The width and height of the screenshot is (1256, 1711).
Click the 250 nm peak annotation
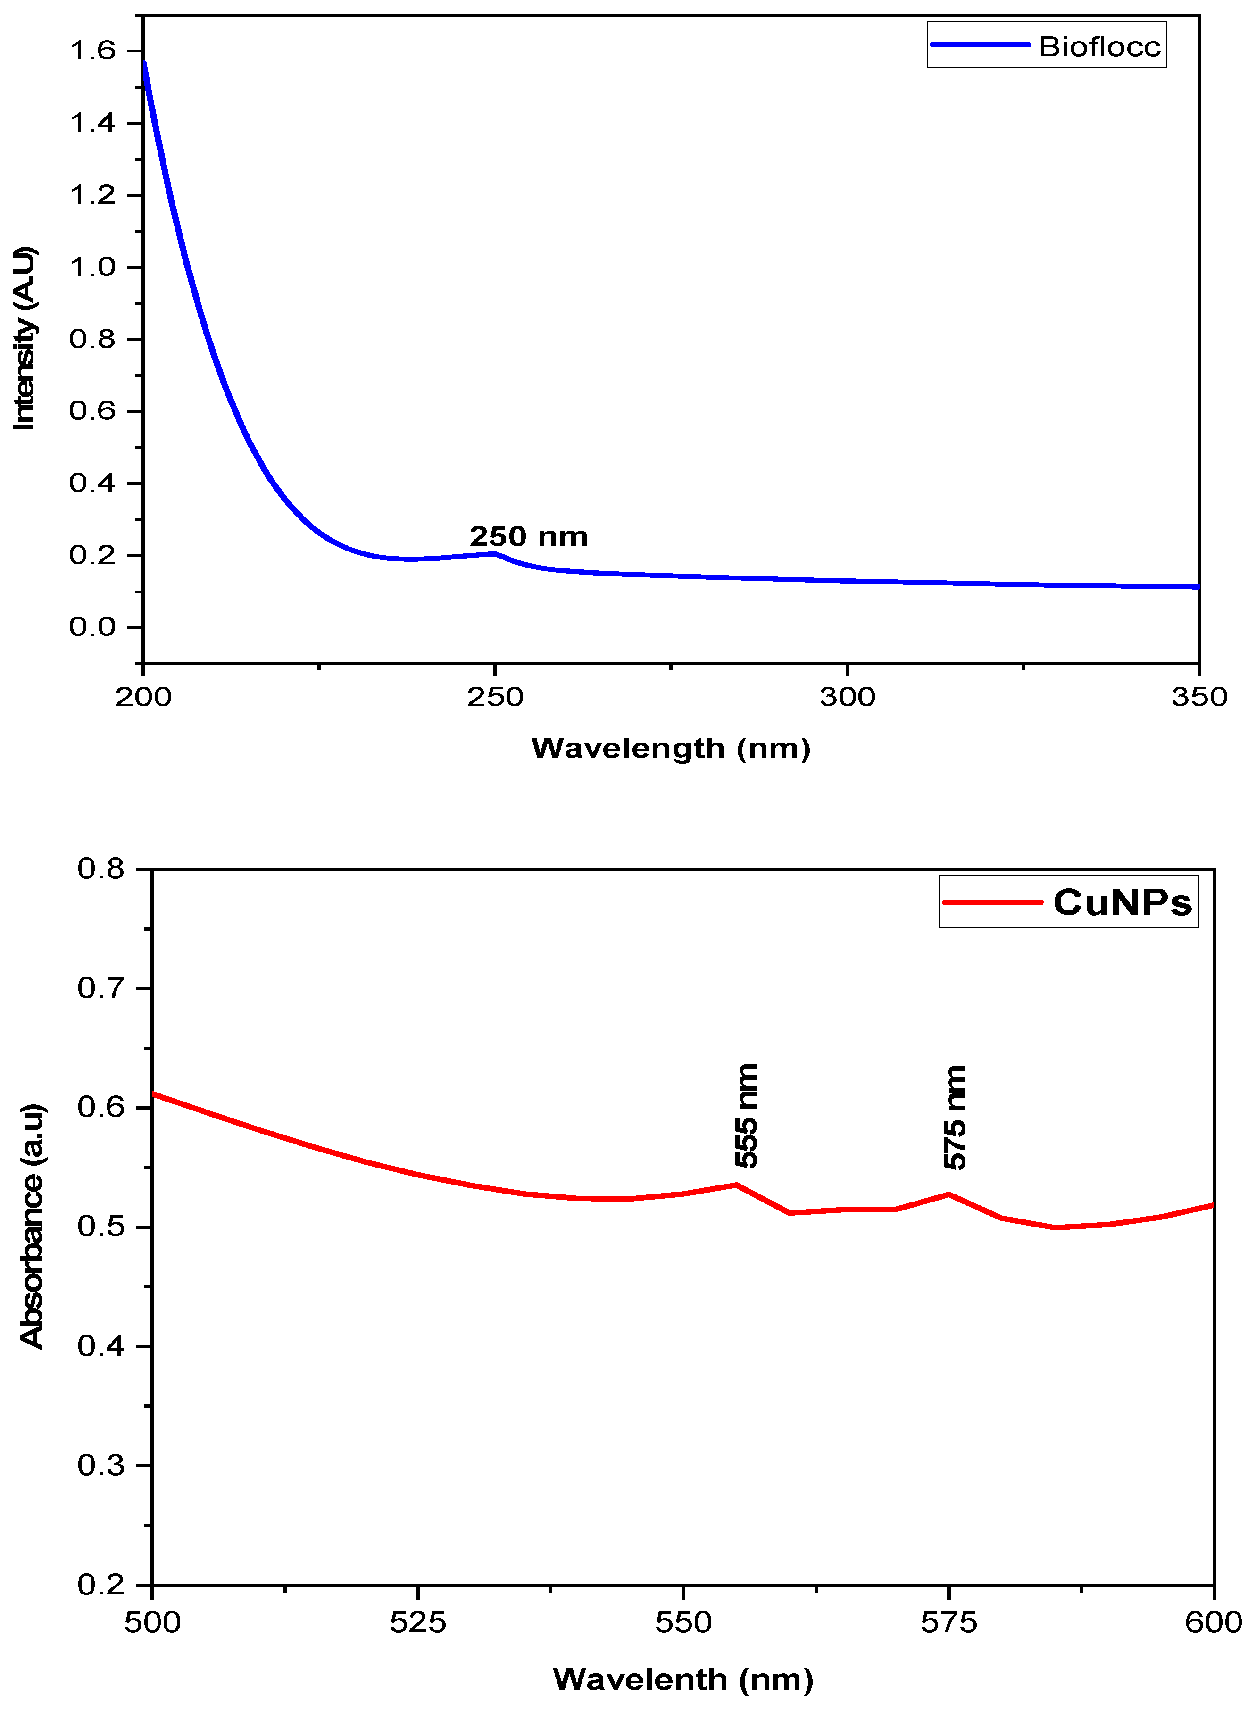point(528,537)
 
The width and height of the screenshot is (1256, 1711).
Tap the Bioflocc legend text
point(1099,47)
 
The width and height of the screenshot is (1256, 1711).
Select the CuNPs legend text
point(1122,902)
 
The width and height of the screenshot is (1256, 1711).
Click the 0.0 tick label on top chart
point(93,627)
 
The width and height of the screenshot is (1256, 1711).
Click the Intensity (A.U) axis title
point(25,338)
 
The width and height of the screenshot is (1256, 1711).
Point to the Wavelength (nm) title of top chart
point(671,748)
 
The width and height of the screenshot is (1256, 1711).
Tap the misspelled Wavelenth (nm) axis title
point(683,1679)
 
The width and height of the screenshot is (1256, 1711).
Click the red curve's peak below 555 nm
point(736,1185)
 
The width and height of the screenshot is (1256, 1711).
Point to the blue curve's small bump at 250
point(494,554)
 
